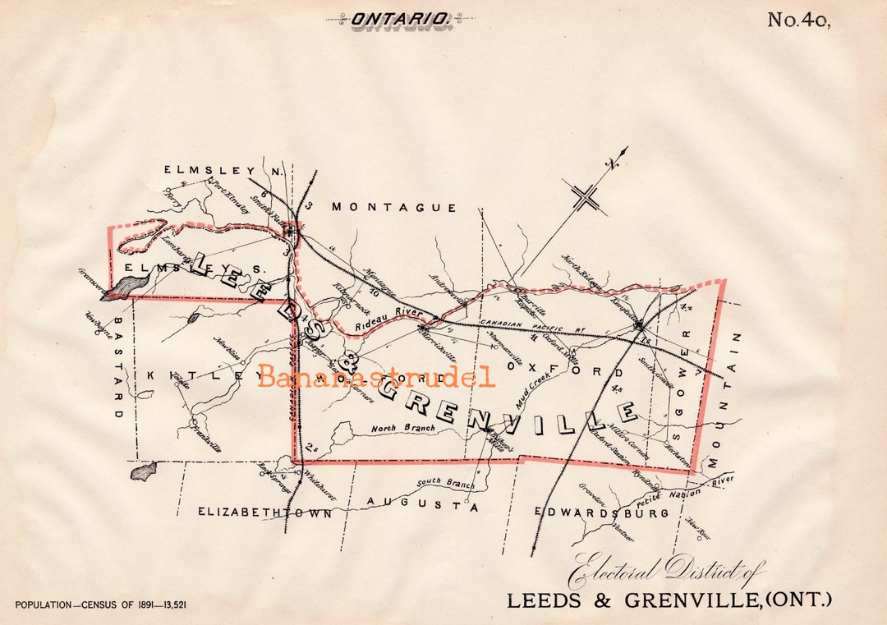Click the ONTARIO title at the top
click(401, 18)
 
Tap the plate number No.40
click(798, 21)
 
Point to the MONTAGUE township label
click(393, 208)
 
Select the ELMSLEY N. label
click(223, 170)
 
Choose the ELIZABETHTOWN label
click(264, 512)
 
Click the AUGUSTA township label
click(422, 506)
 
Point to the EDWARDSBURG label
click(601, 512)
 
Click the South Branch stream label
click(445, 484)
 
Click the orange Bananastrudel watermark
click(377, 378)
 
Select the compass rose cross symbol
click(585, 198)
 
